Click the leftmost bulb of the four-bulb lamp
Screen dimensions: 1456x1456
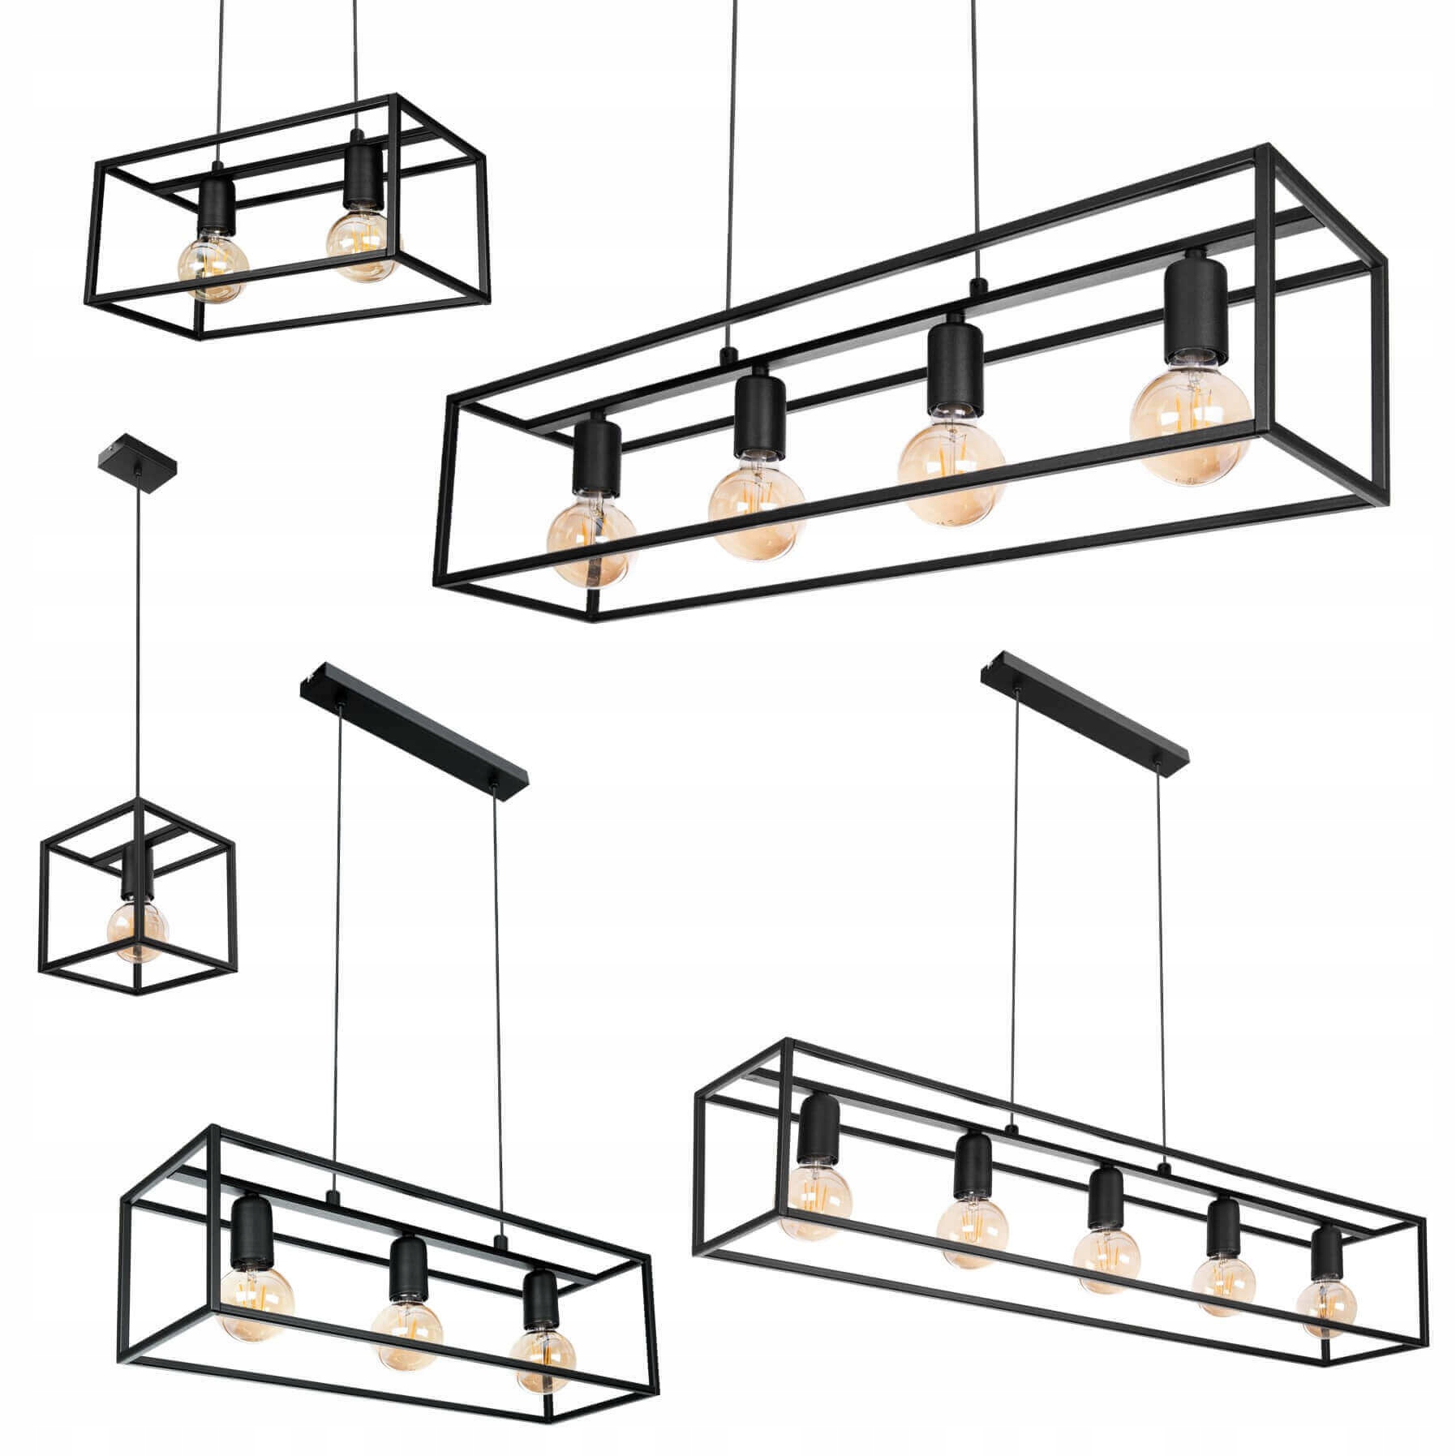click(591, 541)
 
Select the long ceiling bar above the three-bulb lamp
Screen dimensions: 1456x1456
click(414, 739)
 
